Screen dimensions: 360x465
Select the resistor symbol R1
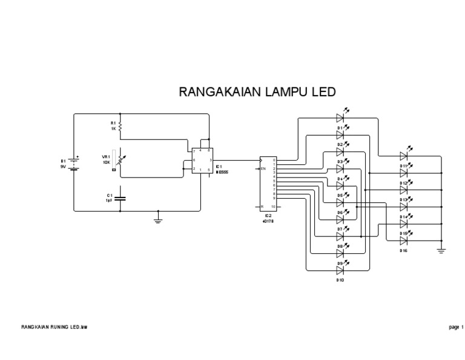(x=120, y=126)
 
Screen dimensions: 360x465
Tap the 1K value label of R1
(x=113, y=128)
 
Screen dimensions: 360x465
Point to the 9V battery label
(x=62, y=166)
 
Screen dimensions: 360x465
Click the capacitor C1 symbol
(x=120, y=198)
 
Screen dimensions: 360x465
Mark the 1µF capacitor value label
(x=109, y=200)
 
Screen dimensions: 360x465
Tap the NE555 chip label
(x=222, y=171)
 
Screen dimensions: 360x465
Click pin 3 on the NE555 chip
(x=209, y=161)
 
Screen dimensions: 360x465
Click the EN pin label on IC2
(x=264, y=168)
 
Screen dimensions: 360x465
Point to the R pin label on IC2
(x=262, y=207)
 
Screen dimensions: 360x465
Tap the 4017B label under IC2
(x=267, y=221)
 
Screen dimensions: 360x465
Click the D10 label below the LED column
(x=340, y=280)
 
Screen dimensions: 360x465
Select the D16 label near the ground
(x=403, y=250)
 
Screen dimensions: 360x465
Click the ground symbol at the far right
(x=441, y=249)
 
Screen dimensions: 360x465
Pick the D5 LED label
(x=340, y=196)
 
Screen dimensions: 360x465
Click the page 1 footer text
(x=455, y=327)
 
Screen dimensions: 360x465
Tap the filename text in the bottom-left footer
(x=54, y=327)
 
